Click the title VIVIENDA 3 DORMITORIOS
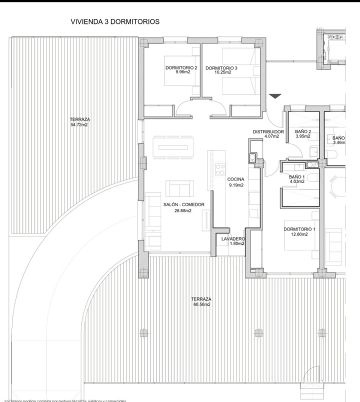pyautogui.click(x=115, y=20)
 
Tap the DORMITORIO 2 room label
pyautogui.click(x=182, y=67)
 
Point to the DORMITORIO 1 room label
pyautogui.click(x=300, y=230)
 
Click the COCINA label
pyautogui.click(x=236, y=179)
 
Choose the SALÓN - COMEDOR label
pyautogui.click(x=183, y=205)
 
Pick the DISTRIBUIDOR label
pyautogui.click(x=268, y=131)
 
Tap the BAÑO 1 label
pyautogui.click(x=296, y=176)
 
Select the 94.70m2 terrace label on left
pyautogui.click(x=79, y=121)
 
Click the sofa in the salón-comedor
pyautogui.click(x=180, y=188)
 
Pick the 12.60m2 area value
pyautogui.click(x=300, y=236)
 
